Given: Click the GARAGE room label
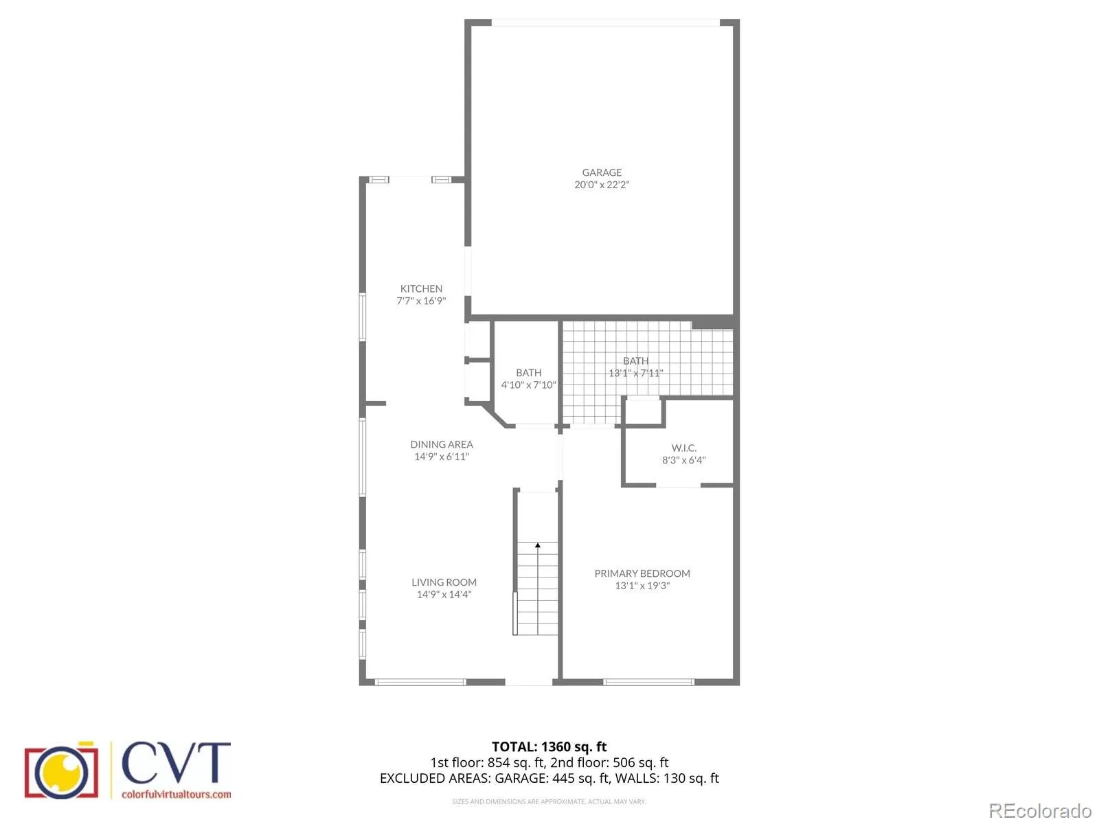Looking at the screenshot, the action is coord(601,172).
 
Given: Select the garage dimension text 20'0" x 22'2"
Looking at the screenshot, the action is coord(601,185).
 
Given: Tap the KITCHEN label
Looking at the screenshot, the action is coord(421,288).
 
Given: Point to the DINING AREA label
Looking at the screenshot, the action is coord(441,444).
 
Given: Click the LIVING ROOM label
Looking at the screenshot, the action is coord(444,582).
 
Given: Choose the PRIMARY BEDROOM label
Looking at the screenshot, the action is coord(642,573).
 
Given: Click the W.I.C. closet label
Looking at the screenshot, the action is coord(683,448).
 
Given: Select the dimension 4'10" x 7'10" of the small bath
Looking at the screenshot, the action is coord(528,385).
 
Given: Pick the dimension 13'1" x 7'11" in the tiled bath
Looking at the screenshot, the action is coord(635,373).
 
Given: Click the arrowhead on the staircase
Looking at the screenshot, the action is coord(538,545).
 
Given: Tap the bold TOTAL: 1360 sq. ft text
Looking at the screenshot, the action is coord(549,746).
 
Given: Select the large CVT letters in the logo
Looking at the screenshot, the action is coord(176,763).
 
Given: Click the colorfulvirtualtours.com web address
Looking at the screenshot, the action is coord(177,794).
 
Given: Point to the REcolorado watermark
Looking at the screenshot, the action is coord(1040,810).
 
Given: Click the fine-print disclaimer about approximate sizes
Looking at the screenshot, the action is coord(549,801).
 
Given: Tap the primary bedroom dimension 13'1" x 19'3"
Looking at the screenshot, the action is coord(642,586).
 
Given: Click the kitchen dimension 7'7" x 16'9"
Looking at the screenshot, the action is coord(421,301).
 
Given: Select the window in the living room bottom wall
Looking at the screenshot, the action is coord(420,682).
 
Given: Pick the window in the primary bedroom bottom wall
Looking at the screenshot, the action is coord(648,682).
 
